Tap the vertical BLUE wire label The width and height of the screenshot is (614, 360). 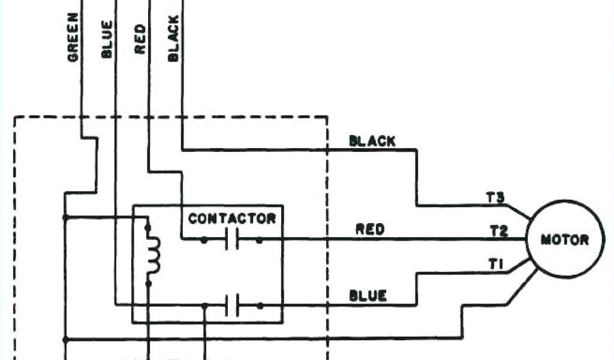[107, 40]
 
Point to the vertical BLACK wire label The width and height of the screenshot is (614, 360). [173, 38]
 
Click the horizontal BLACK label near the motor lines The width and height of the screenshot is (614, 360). [372, 142]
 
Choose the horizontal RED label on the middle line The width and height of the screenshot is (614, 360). [370, 229]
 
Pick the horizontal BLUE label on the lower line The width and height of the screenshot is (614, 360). [368, 296]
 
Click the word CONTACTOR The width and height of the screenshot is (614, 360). [232, 218]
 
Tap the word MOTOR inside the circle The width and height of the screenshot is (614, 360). [565, 240]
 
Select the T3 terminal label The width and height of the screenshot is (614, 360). [497, 197]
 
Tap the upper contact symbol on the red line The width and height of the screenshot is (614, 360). [232, 240]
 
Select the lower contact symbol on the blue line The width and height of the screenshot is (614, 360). [232, 305]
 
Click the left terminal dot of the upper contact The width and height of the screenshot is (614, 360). [204, 240]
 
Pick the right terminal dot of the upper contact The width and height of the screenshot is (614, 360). [260, 240]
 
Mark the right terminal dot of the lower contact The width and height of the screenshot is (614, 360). [260, 305]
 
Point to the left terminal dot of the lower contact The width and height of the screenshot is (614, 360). [204, 305]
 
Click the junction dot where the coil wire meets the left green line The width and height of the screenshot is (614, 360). [64, 217]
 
